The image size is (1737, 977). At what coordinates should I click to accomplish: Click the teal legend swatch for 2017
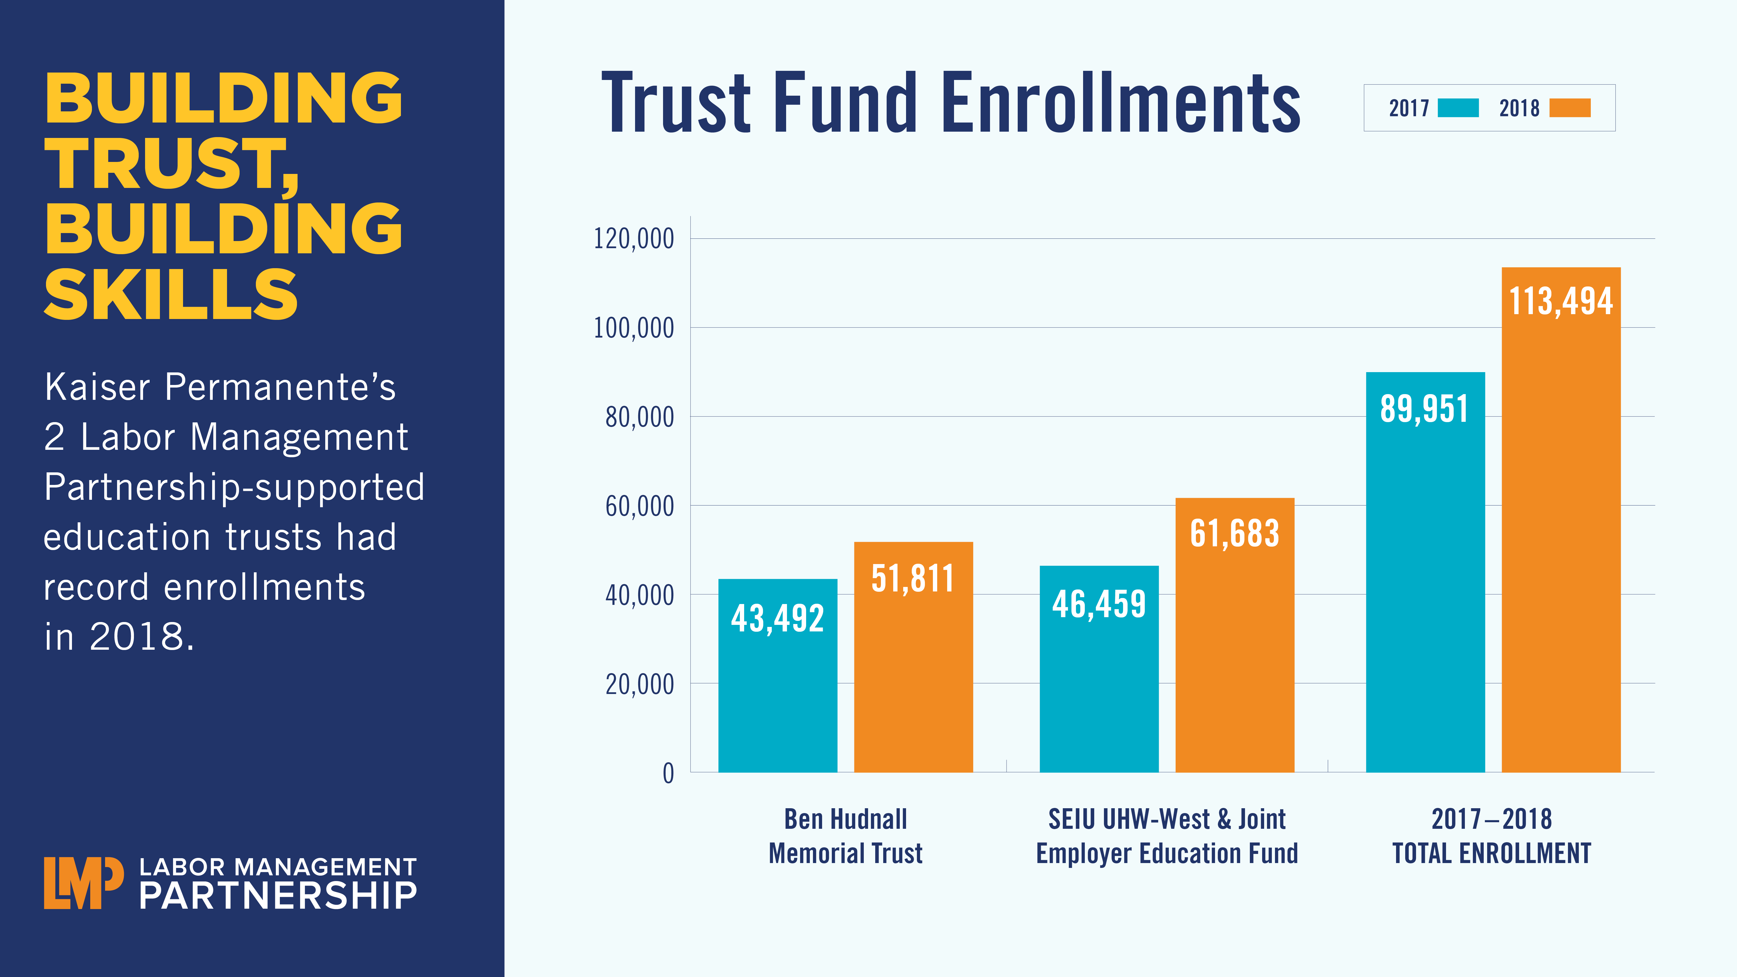pyautogui.click(x=1458, y=108)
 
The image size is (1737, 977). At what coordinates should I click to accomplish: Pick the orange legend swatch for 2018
pyautogui.click(x=1570, y=108)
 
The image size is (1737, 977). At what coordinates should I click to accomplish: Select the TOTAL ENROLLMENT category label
pyautogui.click(x=1491, y=854)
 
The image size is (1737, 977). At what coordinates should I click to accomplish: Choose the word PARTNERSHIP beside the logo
pyautogui.click(x=278, y=896)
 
